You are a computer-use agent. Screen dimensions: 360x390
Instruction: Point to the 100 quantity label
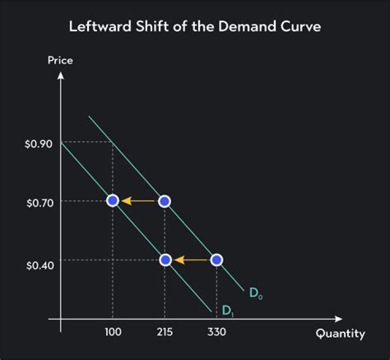pyautogui.click(x=113, y=332)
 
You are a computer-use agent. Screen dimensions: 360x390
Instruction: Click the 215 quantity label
pyautogui.click(x=165, y=332)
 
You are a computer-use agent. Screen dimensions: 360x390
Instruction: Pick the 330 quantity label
pyautogui.click(x=217, y=332)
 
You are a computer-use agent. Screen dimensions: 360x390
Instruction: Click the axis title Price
pyautogui.click(x=60, y=61)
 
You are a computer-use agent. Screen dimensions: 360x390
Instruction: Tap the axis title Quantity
pyautogui.click(x=340, y=333)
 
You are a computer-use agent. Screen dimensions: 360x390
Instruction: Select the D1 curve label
pyautogui.click(x=227, y=311)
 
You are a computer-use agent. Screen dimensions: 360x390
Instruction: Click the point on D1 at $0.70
pyautogui.click(x=113, y=201)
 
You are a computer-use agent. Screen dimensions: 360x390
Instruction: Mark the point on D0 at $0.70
pyautogui.click(x=165, y=201)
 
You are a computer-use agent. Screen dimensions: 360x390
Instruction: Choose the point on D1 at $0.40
pyautogui.click(x=166, y=260)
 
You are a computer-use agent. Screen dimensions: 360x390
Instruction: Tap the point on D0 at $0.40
pyautogui.click(x=217, y=260)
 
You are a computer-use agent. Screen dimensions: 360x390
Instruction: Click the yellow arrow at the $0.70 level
pyautogui.click(x=138, y=201)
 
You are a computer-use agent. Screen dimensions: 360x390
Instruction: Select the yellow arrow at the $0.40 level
pyautogui.click(x=191, y=260)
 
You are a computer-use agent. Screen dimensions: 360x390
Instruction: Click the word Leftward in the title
pyautogui.click(x=95, y=26)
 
